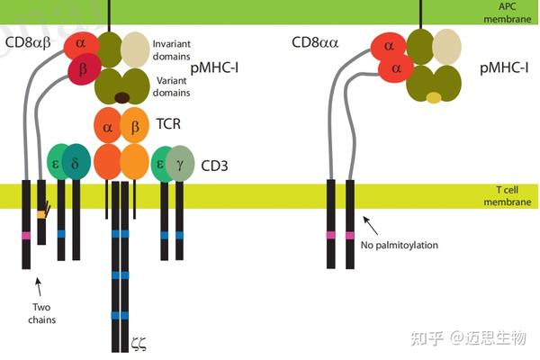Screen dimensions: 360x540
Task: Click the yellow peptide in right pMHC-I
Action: click(x=434, y=97)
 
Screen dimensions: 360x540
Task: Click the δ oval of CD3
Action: click(x=76, y=161)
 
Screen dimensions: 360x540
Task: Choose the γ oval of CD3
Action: click(x=180, y=162)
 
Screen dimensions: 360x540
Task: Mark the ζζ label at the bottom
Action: click(x=139, y=342)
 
